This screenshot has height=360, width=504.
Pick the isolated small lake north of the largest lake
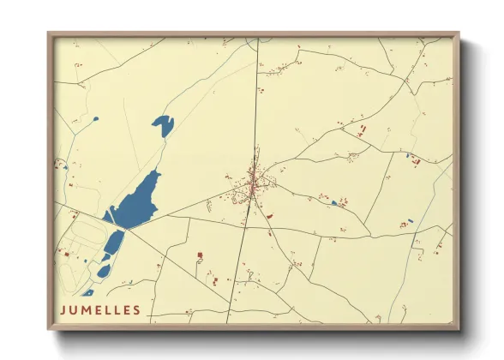pos(163,125)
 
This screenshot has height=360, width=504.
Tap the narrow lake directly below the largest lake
pos(113,245)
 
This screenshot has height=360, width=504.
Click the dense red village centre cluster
pos(255,182)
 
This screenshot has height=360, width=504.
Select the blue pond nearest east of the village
pos(333,203)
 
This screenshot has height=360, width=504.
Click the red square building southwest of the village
pos(200,255)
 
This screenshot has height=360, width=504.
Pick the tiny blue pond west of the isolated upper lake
pos(97,118)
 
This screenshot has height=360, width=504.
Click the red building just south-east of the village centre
pos(268,216)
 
